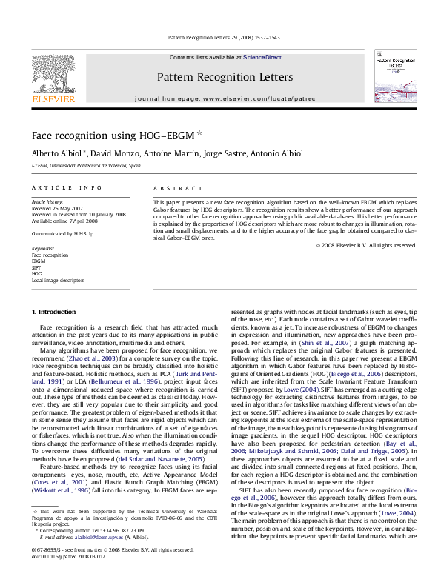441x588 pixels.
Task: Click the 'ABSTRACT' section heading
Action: point(170,189)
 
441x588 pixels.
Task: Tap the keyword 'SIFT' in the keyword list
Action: point(36,267)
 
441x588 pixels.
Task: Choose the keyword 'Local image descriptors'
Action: point(58,281)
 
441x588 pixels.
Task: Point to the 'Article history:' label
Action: point(47,201)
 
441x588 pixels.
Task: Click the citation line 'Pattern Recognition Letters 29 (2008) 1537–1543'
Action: point(219,37)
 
